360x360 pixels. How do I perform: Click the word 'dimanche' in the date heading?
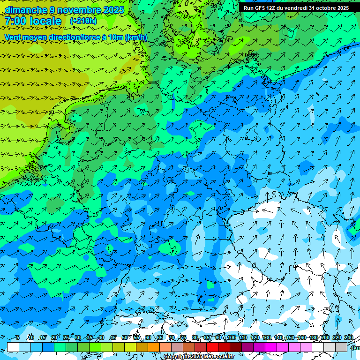26,10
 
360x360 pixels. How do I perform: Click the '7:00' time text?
15,22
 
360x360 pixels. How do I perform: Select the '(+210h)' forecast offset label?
83,21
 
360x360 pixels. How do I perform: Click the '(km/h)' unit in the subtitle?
136,37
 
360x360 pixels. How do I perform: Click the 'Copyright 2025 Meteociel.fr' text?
199,357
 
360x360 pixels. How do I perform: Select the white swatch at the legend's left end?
13,347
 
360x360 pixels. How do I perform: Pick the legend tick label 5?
18,338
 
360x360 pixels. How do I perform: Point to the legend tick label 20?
54,338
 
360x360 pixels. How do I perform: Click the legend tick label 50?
125,338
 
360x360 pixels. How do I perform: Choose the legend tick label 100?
231,338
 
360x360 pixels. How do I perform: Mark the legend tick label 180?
313,338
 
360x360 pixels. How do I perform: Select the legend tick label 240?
348,338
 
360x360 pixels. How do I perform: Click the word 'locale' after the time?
45,22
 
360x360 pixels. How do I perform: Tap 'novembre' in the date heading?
79,10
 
